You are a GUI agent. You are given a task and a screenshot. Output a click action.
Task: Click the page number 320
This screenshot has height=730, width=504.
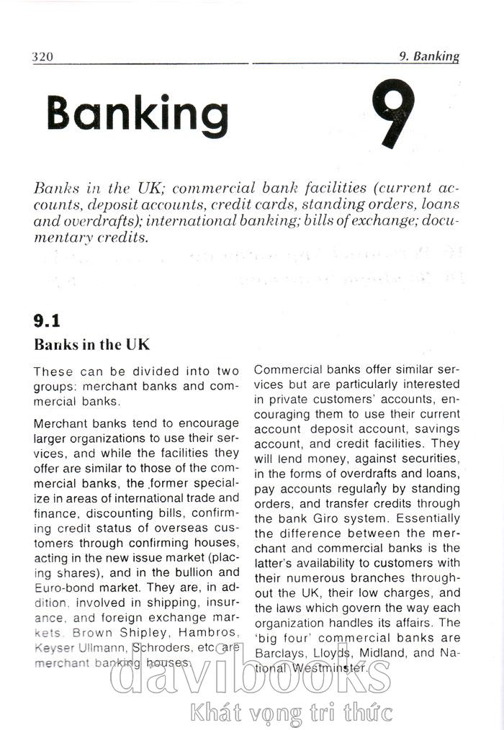[x=44, y=57]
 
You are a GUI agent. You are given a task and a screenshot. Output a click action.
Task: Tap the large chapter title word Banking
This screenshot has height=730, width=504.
[x=137, y=114]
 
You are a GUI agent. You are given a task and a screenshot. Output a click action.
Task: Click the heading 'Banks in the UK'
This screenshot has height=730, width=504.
[x=91, y=344]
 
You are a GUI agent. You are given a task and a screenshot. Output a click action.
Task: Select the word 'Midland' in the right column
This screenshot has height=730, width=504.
[x=387, y=653]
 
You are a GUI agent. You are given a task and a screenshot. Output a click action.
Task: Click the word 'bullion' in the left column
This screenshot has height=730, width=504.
[x=194, y=572]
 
